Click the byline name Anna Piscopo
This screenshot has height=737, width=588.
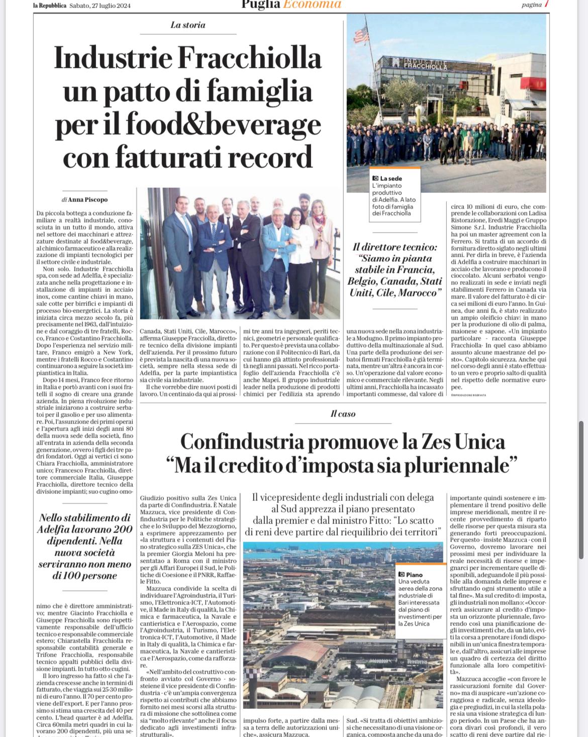click(88, 199)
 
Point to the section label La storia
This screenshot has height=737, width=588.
click(187, 25)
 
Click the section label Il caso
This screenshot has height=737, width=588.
click(343, 413)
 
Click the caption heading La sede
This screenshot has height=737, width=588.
click(390, 178)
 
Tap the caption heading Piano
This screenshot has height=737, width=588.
click(414, 574)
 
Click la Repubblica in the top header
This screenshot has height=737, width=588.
click(50, 6)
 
